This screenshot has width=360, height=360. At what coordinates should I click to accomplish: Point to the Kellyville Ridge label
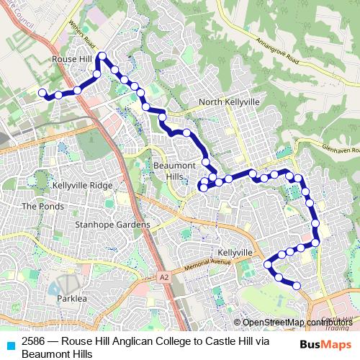83,185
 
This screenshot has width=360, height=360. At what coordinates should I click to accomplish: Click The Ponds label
38,206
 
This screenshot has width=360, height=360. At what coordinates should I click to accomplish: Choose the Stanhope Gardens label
113,225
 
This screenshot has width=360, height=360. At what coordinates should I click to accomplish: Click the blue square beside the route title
10,345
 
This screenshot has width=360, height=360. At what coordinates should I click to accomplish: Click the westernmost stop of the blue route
42,92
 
